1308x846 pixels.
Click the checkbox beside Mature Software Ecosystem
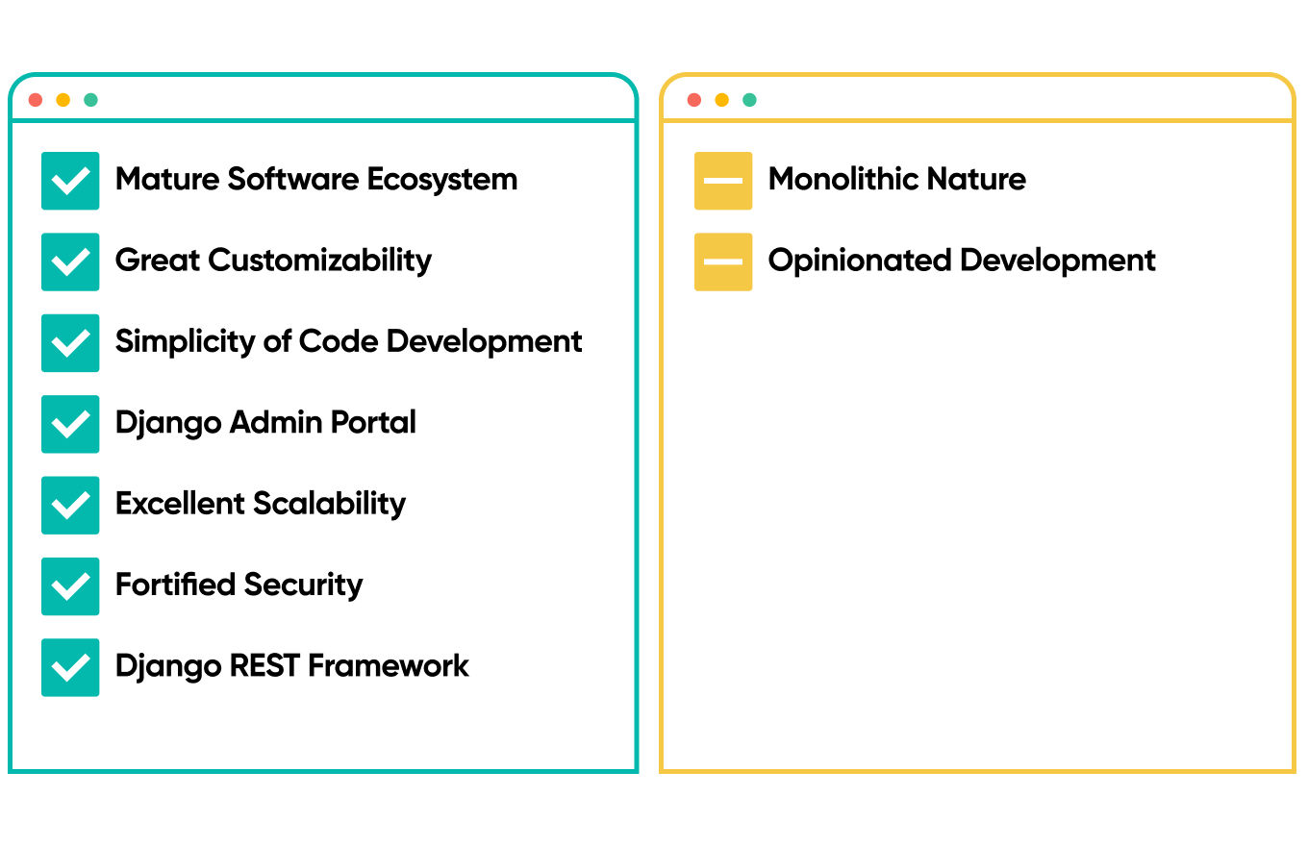pyautogui.click(x=70, y=181)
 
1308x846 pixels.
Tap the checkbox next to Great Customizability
pyautogui.click(x=70, y=261)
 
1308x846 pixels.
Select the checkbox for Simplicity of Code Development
pyautogui.click(x=70, y=342)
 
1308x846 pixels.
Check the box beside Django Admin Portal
pyautogui.click(x=70, y=424)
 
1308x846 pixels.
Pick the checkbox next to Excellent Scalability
pyautogui.click(x=70, y=505)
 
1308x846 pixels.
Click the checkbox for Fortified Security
pyautogui.click(x=70, y=586)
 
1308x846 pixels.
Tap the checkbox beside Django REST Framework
pyautogui.click(x=70, y=667)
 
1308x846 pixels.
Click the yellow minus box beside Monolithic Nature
pyautogui.click(x=723, y=181)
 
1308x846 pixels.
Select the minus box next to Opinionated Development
pyautogui.click(x=723, y=261)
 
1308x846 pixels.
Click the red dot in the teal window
pyautogui.click(x=36, y=100)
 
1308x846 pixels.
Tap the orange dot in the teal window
pyautogui.click(x=63, y=100)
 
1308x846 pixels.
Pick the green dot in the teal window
pyautogui.click(x=90, y=100)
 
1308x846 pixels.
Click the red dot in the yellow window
pyautogui.click(x=694, y=100)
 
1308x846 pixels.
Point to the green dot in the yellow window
pyautogui.click(x=750, y=100)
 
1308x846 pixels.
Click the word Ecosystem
pyautogui.click(x=442, y=180)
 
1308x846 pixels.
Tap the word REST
pyautogui.click(x=264, y=665)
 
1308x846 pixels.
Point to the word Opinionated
pyautogui.click(x=860, y=261)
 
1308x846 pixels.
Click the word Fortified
pyautogui.click(x=175, y=584)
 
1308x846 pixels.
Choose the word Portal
pyautogui.click(x=373, y=421)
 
